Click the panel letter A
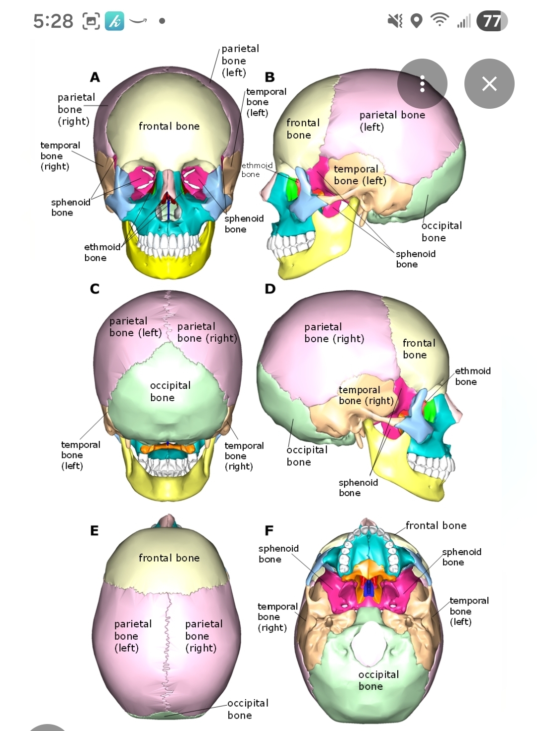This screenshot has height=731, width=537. coord(95,77)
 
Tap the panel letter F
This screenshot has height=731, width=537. coord(269,531)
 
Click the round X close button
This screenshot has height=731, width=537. coord(489,83)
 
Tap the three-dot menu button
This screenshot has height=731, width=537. coord(422,83)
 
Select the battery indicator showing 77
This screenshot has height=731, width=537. coord(492,21)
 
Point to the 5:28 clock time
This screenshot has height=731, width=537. coord(53,21)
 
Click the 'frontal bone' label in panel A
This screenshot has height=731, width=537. coord(169,127)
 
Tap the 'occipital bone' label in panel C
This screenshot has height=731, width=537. coord(170,391)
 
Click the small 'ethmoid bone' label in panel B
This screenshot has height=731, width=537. coord(257,170)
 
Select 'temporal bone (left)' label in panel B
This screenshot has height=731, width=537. coord(359,175)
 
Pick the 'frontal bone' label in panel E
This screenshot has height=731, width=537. coord(169,558)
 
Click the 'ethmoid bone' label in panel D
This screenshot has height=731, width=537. coord(472,376)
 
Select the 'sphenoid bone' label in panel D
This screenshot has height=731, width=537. coord(358,488)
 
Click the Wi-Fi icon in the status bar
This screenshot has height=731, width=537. coord(440,21)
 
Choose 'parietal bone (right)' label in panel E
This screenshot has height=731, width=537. coord(203,636)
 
